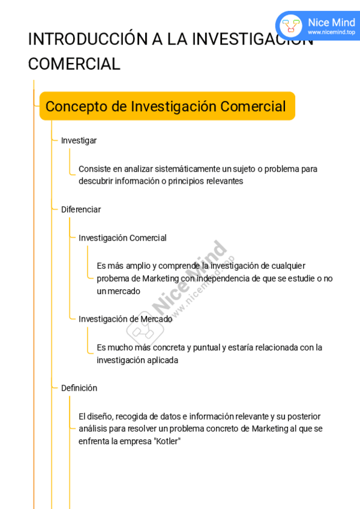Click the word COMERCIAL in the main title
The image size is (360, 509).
[74, 64]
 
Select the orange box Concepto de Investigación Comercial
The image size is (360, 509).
[167, 106]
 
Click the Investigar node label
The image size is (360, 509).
[79, 140]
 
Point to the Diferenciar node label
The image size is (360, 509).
[81, 209]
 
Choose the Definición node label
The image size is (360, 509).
[79, 388]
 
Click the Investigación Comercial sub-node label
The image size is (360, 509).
[122, 238]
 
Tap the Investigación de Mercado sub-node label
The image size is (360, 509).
[125, 319]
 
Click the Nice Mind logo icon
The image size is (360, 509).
[291, 26]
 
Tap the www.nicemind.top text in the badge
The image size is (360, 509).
[331, 32]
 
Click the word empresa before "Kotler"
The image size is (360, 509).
[135, 441]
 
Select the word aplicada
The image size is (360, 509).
[162, 360]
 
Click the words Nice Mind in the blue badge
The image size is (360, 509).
[331, 22]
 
